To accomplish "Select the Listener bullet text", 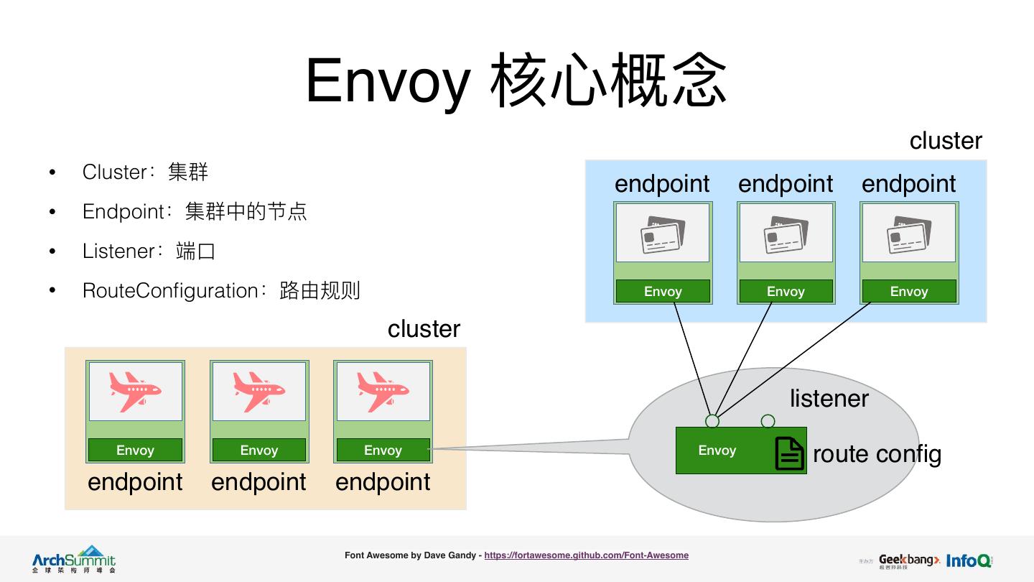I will tap(149, 251).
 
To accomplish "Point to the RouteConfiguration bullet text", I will tap(221, 291).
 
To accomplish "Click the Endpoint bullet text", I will tap(195, 212).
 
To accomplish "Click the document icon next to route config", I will tap(789, 453).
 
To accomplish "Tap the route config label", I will tap(877, 454).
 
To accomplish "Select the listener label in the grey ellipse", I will tap(829, 398).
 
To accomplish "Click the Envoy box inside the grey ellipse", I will tap(717, 451).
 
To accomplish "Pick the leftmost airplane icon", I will tap(135, 391).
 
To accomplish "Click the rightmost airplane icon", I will tap(383, 391).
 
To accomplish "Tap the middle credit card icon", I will tap(786, 234).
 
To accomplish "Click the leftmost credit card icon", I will tap(662, 234).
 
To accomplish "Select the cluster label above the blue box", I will tap(946, 141).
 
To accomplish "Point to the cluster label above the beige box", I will tap(424, 329).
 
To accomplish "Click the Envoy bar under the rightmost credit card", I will tap(909, 291).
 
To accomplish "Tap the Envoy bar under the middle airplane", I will tap(258, 451).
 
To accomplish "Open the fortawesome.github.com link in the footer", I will tap(586, 555).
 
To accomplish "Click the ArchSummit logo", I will tap(73, 559).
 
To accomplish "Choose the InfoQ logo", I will tap(969, 560).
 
